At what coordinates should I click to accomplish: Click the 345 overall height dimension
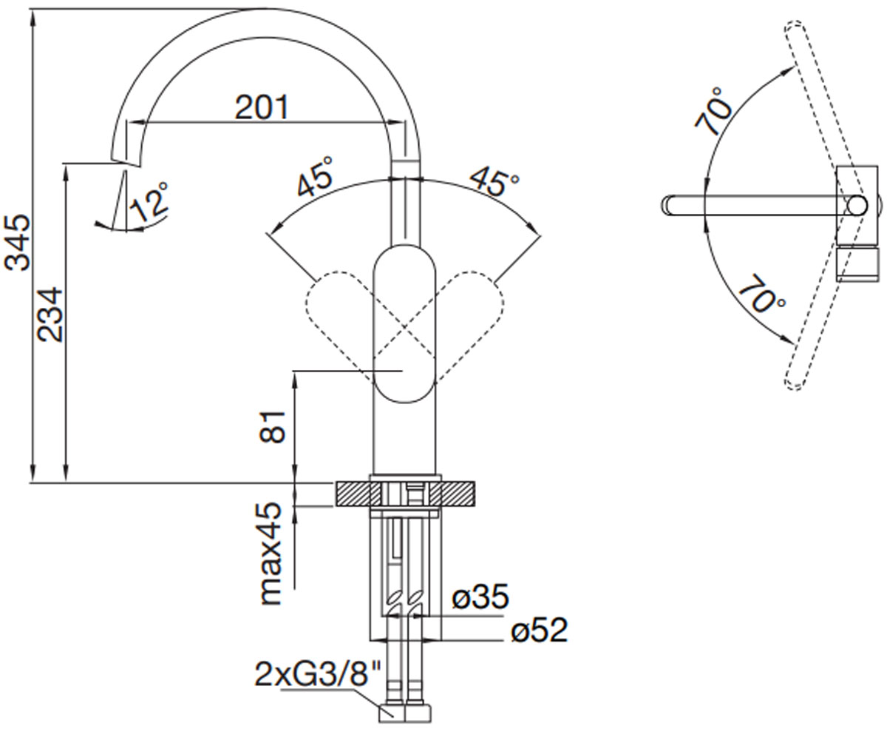point(17,243)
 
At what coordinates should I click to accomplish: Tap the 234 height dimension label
point(50,314)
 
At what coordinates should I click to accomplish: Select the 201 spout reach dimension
point(262,107)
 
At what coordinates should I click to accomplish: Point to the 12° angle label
point(149,203)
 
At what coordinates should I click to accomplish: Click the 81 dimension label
point(272,428)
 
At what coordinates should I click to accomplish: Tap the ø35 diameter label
point(480,596)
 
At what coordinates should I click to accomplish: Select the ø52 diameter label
point(540,630)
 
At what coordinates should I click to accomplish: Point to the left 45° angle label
point(315,178)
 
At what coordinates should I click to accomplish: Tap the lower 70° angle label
point(761,294)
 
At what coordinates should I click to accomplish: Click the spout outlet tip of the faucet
point(126,163)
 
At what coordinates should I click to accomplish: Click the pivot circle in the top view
point(857,206)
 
